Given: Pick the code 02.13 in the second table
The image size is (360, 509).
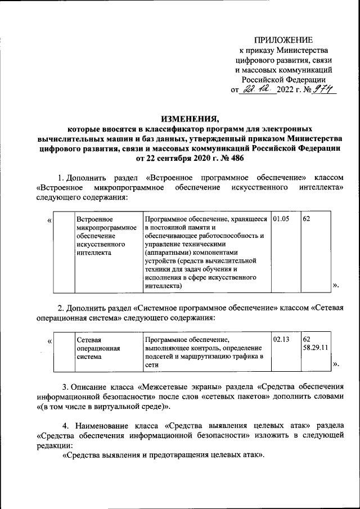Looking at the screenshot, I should [281, 340].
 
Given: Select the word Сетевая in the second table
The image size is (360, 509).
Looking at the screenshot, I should [88, 340].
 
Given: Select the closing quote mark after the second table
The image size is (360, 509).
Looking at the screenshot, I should [336, 365].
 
